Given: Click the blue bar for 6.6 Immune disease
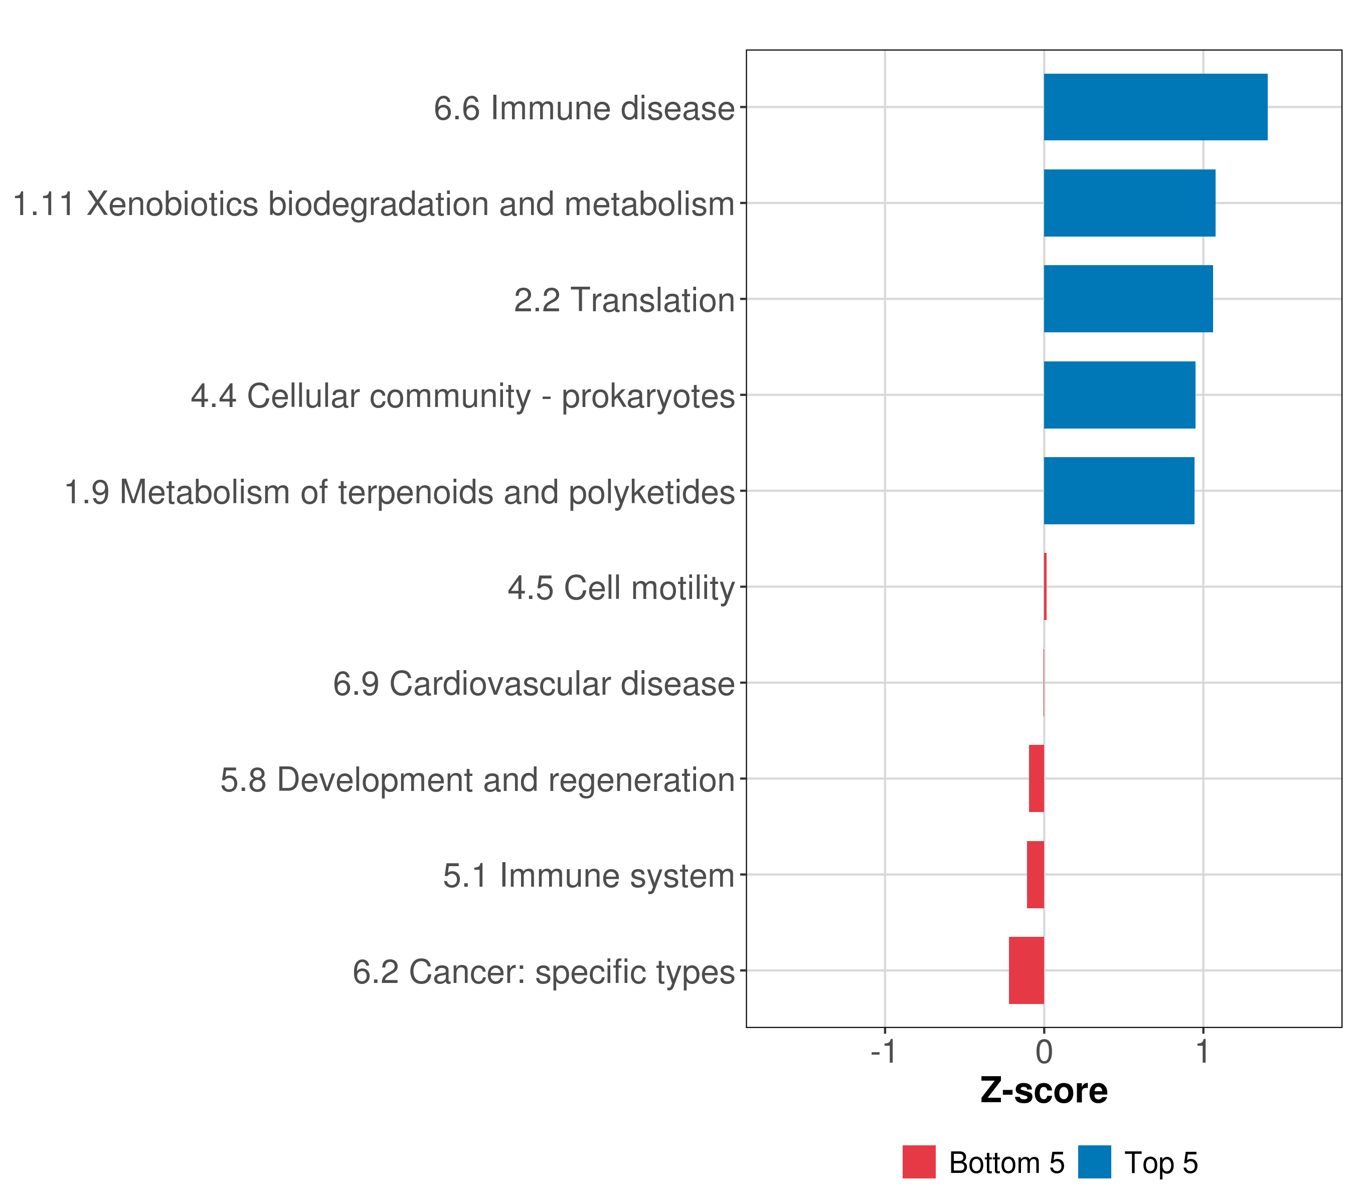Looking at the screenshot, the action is [1155, 107].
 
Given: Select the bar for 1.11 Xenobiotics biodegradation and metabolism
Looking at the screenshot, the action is [1129, 204].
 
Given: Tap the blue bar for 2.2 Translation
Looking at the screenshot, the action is [1128, 299].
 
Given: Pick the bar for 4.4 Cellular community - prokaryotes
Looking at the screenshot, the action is [1119, 394].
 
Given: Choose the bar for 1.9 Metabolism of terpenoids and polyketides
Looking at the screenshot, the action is [1119, 491].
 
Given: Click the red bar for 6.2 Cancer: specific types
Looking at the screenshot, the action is [1026, 970].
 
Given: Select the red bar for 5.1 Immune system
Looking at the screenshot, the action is [1036, 875].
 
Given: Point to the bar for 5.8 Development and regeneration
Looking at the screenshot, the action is [1036, 778].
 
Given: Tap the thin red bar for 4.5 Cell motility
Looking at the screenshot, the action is [1045, 586].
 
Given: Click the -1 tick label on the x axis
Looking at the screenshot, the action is [884, 1052].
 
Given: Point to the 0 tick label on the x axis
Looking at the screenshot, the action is [1044, 1052].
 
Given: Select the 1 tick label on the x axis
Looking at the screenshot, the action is [1203, 1052].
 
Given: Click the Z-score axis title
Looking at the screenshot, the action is [1044, 1091].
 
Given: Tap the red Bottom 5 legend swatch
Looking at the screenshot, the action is [919, 1162].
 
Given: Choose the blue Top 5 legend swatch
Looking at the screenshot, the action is [1094, 1162].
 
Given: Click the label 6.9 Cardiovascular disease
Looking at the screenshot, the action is [534, 684].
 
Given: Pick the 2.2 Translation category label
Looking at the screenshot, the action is [625, 300].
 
